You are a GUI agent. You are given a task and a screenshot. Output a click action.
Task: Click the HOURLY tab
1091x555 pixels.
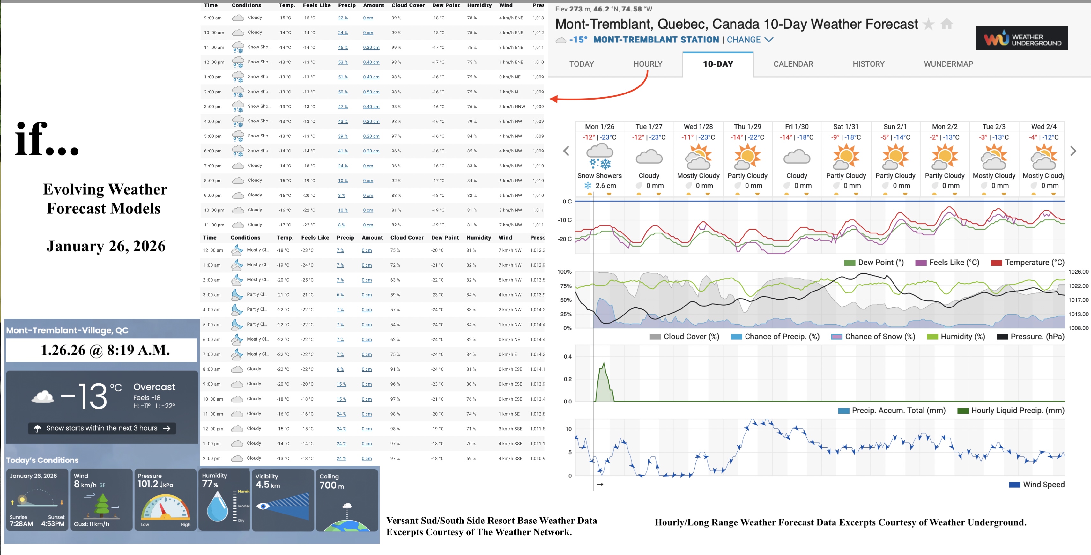tap(647, 64)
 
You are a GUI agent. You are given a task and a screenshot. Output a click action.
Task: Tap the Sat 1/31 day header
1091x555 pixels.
tap(845, 127)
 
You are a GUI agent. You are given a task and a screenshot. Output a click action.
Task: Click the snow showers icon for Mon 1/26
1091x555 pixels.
tap(599, 156)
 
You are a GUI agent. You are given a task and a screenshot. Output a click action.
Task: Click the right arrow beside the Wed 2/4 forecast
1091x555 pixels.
tap(1073, 151)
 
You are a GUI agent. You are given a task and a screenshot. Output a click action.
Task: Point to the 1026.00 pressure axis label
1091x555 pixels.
tap(1078, 272)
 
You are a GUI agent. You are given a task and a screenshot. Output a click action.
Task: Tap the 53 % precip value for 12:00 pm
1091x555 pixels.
tap(343, 62)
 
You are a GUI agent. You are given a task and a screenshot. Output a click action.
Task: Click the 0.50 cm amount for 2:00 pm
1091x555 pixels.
tap(371, 92)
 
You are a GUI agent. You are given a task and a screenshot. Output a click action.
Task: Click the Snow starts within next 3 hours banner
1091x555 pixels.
tap(102, 428)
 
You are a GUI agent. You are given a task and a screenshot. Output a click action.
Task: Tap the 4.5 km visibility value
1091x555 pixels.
tap(267, 485)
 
